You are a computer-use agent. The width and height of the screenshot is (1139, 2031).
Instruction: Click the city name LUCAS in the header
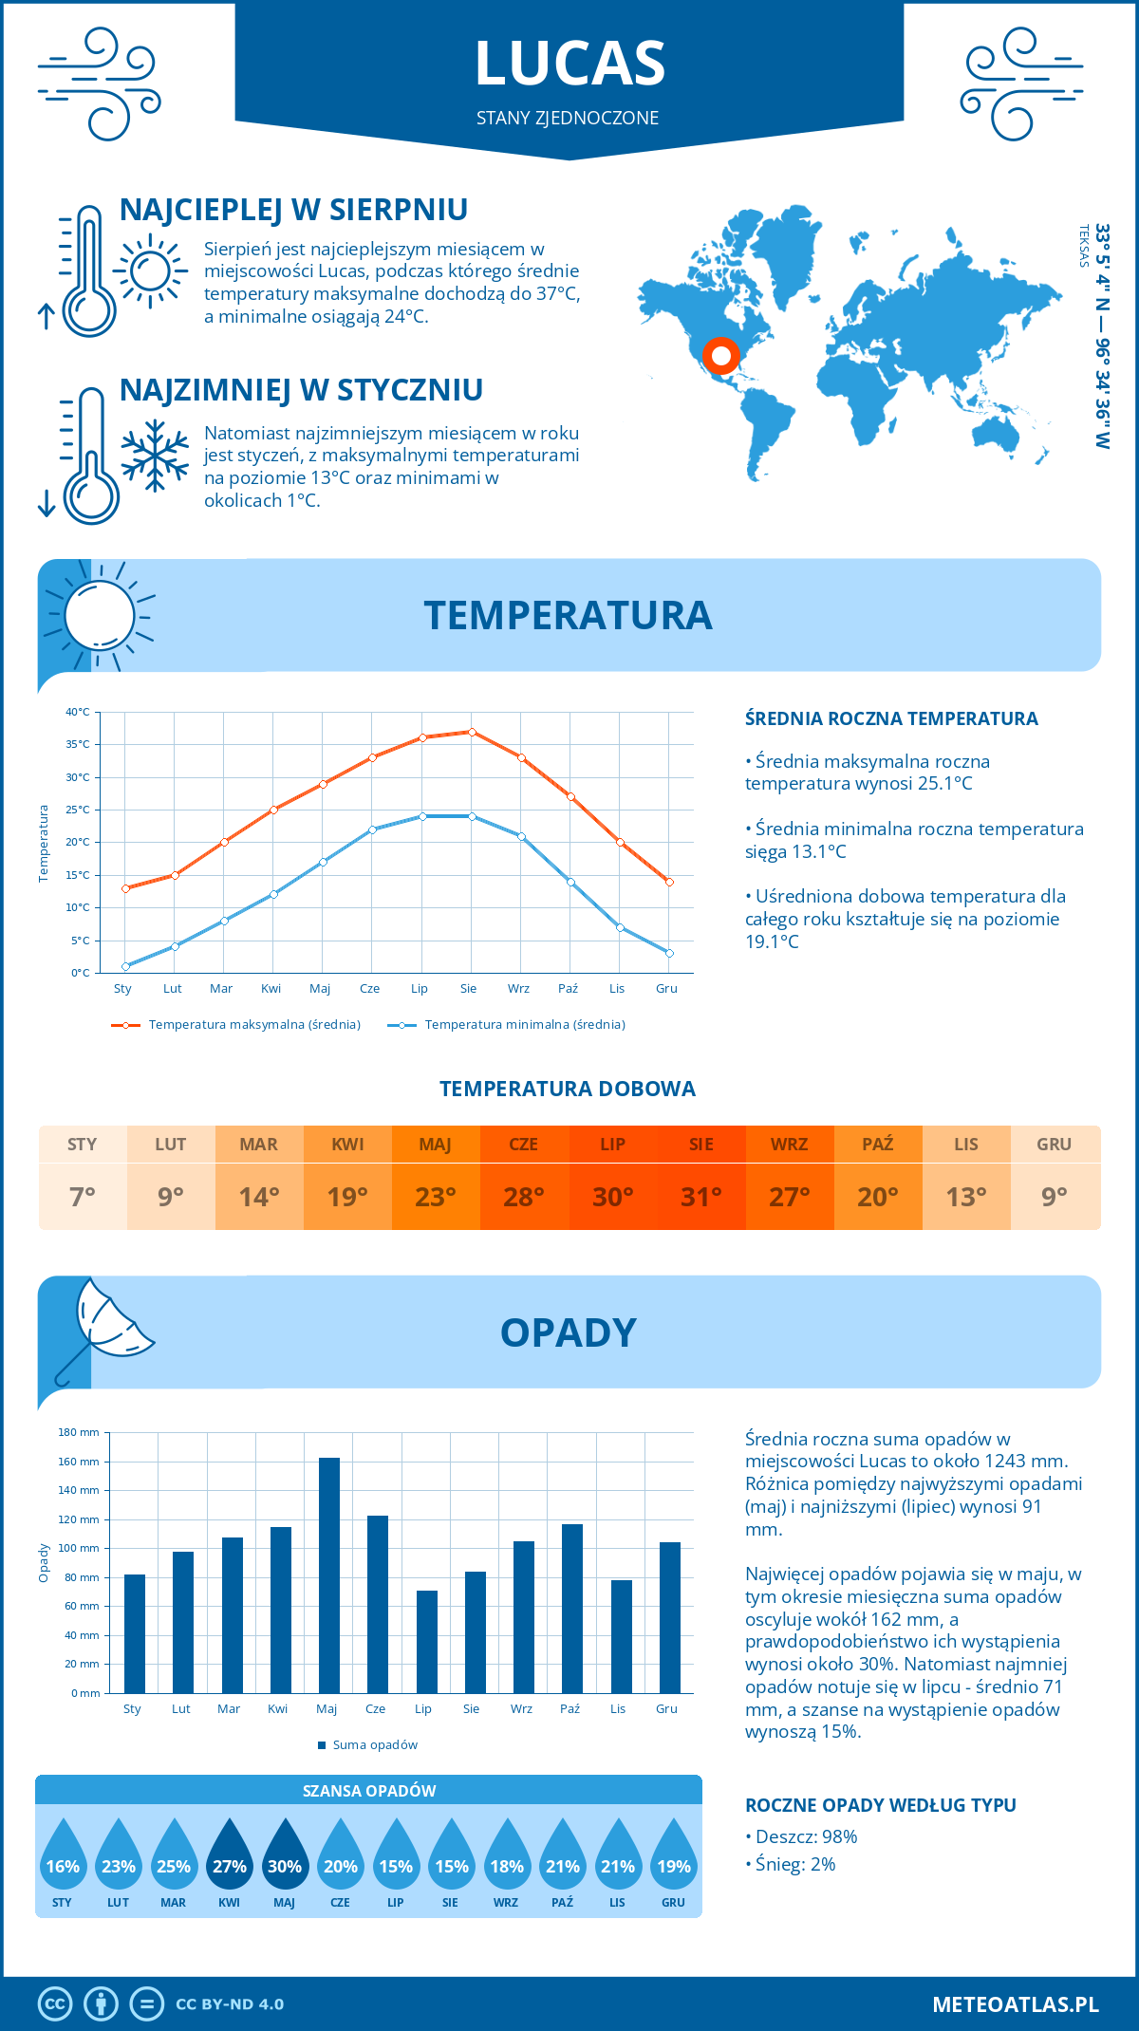pos(569,64)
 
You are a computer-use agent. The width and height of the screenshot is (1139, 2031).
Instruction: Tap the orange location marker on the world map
pos(720,356)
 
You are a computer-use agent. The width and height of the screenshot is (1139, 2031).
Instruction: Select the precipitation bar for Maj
pos(329,1575)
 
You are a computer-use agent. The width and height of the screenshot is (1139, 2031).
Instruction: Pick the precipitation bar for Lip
pos(427,1641)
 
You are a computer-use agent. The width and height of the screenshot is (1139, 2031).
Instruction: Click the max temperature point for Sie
pos(472,732)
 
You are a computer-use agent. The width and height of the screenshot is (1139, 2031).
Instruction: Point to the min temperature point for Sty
pos(125,966)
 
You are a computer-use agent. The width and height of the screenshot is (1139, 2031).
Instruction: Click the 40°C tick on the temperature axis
pos(78,712)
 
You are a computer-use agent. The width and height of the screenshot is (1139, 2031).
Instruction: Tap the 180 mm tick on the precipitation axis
pos(80,1432)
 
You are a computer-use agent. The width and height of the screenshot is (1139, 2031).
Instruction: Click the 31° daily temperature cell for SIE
pos(701,1197)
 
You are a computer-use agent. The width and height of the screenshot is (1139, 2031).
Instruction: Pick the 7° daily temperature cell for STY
pos(83,1197)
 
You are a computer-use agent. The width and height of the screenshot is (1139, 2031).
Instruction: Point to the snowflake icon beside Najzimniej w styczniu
pos(155,456)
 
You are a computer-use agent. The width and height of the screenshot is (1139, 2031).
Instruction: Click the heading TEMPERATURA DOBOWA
pos(568,1089)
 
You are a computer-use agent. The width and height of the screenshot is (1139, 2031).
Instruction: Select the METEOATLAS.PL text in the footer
pos(1016,2004)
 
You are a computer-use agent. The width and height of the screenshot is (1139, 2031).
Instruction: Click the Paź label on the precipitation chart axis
pos(569,1709)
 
